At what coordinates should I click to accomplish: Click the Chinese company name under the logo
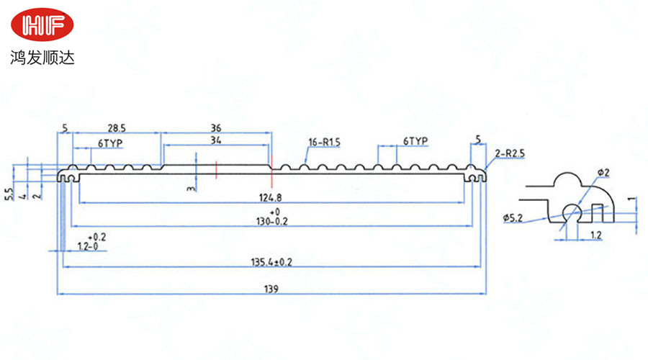coord(42,56)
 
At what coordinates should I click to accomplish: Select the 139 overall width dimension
coord(271,289)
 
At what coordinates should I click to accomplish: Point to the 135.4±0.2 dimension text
coord(271,262)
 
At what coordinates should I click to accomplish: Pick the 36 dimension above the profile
coord(216,127)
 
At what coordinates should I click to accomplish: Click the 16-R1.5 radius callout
coord(323,143)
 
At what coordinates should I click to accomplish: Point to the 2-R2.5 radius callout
coord(509,153)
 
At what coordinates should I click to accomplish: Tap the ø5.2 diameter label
coord(513,217)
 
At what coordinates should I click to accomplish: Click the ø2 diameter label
coord(603,173)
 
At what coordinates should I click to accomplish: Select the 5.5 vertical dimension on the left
coord(9,194)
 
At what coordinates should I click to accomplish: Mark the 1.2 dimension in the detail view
coord(596,235)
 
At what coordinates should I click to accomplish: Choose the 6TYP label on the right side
coord(415,140)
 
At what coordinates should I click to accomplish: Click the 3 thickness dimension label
coord(189,188)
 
